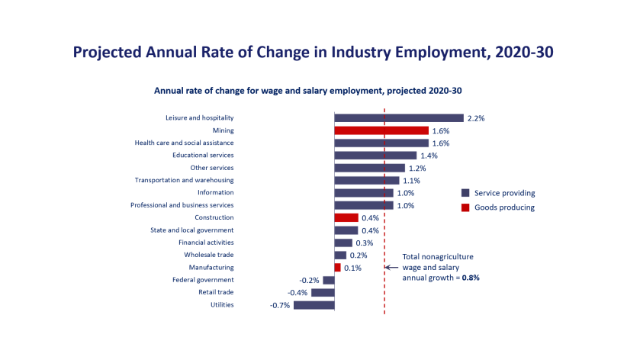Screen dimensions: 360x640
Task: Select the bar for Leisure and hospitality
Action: pyautogui.click(x=399, y=118)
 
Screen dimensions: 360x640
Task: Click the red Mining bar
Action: pyautogui.click(x=381, y=130)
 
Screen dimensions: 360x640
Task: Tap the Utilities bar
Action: pyautogui.click(x=314, y=305)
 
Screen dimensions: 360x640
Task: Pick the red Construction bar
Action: pyautogui.click(x=346, y=217)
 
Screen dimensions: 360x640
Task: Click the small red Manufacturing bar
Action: pyautogui.click(x=337, y=268)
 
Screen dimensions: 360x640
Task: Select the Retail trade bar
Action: pyautogui.click(x=323, y=292)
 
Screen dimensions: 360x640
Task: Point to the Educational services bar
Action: pyautogui.click(x=375, y=156)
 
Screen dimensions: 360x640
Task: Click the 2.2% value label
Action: pyautogui.click(x=476, y=118)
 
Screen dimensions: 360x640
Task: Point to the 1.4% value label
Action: pyautogui.click(x=429, y=156)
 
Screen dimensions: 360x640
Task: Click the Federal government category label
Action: pyautogui.click(x=203, y=280)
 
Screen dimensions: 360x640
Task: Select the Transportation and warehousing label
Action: pyautogui.click(x=184, y=180)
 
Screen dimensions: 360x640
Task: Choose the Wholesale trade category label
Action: pyautogui.click(x=208, y=255)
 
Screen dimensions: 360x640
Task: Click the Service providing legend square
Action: pyautogui.click(x=465, y=193)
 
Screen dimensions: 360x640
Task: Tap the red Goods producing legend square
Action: pyautogui.click(x=465, y=207)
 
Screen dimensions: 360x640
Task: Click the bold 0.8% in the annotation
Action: pyautogui.click(x=471, y=278)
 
